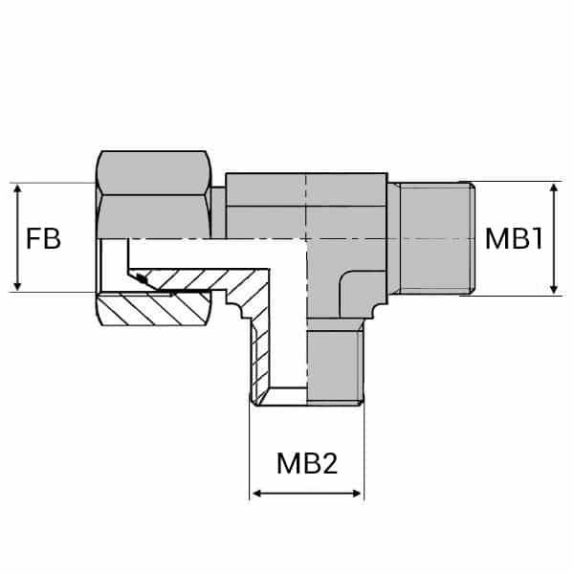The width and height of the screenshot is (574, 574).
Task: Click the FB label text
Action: click(44, 238)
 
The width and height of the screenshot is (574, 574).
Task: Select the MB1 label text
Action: click(514, 238)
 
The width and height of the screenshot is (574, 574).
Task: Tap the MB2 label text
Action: click(307, 464)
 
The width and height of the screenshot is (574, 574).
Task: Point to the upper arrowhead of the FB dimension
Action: click(17, 188)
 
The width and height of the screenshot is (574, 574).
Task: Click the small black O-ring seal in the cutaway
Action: click(142, 279)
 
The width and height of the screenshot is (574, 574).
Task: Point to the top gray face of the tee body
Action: click(306, 189)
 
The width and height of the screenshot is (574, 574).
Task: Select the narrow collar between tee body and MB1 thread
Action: click(393, 239)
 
